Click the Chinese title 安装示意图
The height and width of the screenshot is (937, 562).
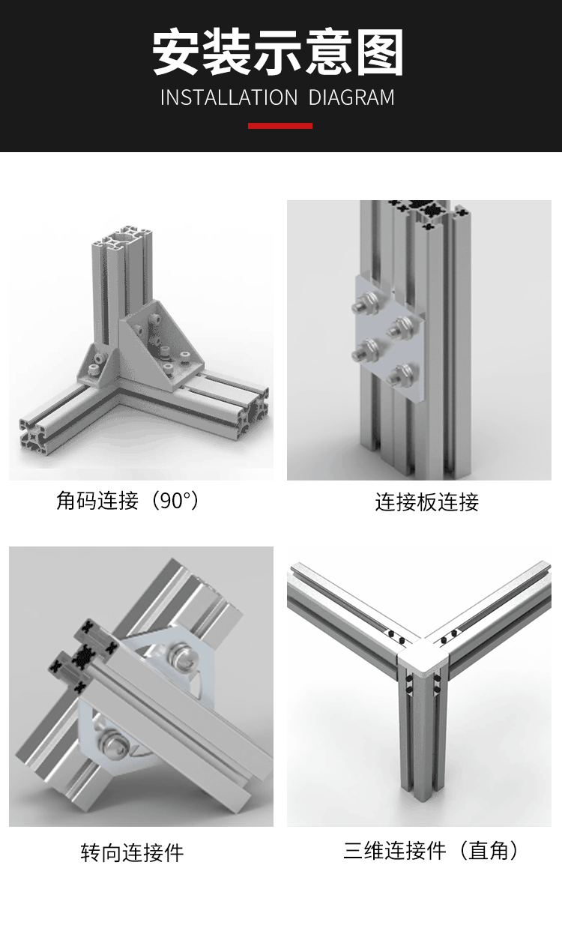tap(278, 52)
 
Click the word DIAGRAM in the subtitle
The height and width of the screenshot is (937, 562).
tap(351, 97)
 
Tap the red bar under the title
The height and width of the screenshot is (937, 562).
tap(280, 126)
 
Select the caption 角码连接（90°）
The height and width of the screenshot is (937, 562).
tap(129, 500)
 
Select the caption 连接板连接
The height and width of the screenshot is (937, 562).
tap(426, 501)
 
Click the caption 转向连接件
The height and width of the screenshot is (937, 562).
tap(132, 852)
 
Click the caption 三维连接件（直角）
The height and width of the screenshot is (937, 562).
tap(432, 851)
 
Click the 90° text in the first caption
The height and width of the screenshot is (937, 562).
tap(174, 500)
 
